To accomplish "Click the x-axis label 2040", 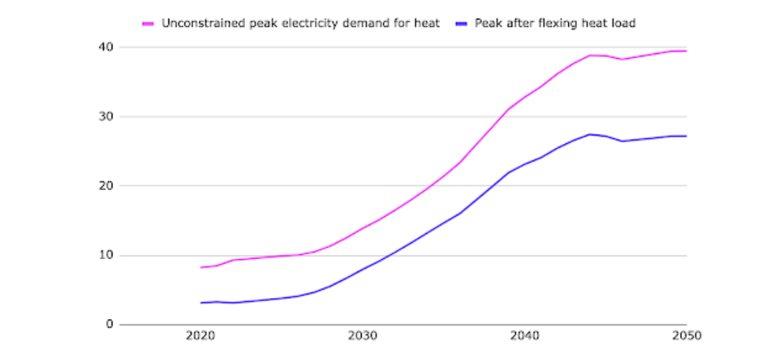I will [x=524, y=336].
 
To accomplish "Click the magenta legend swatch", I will [x=149, y=23].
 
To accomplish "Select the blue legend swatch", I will [x=461, y=23].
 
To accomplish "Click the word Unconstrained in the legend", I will [x=197, y=23].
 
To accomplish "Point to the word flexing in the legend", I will [x=560, y=23].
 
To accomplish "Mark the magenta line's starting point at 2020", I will [x=201, y=267].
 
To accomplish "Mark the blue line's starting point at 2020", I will [x=201, y=302].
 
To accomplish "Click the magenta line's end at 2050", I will [x=686, y=50].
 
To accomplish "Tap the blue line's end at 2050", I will [x=686, y=135].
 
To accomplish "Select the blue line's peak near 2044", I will [x=589, y=134].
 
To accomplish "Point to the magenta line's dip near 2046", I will [x=622, y=59].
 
